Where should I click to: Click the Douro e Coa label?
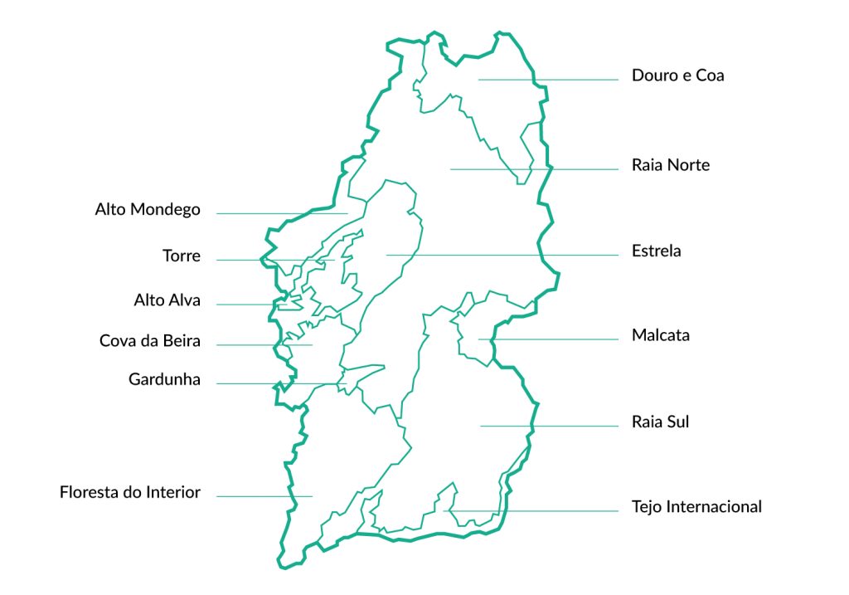[677, 76]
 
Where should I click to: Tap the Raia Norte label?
[670, 165]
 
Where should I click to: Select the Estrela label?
[656, 251]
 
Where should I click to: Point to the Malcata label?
[660, 336]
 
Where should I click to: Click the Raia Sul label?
[660, 422]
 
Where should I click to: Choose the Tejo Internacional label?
[696, 506]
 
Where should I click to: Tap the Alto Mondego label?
[148, 210]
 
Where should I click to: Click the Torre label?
[182, 256]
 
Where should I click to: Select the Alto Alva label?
[167, 300]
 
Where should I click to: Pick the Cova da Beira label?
[150, 341]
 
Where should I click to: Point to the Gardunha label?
[164, 380]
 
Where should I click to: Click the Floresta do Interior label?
[130, 493]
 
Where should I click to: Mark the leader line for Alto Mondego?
[282, 213]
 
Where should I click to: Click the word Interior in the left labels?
[173, 493]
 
